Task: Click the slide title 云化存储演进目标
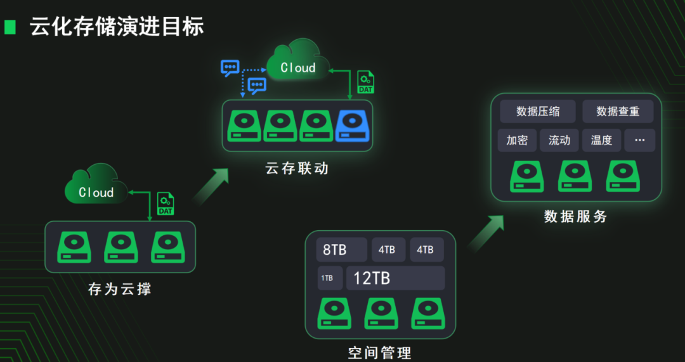pyautogui.click(x=117, y=27)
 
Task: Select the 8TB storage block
pyautogui.click(x=341, y=250)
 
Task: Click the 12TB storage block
pyautogui.click(x=395, y=278)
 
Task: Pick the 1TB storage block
pyautogui.click(x=329, y=278)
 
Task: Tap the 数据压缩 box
pyautogui.click(x=538, y=112)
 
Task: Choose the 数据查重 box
pyautogui.click(x=618, y=112)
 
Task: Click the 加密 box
pyautogui.click(x=518, y=140)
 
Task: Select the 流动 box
pyautogui.click(x=559, y=140)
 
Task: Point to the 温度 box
pyautogui.click(x=601, y=140)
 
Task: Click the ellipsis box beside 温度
pyautogui.click(x=639, y=140)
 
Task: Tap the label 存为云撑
pyautogui.click(x=120, y=289)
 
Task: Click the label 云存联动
pyautogui.click(x=297, y=168)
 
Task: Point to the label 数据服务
pyautogui.click(x=575, y=216)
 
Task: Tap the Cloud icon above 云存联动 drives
pyautogui.click(x=298, y=62)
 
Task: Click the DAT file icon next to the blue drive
pyautogui.click(x=365, y=82)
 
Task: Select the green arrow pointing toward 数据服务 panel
pyautogui.click(x=486, y=233)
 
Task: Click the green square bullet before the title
pyautogui.click(x=10, y=27)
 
